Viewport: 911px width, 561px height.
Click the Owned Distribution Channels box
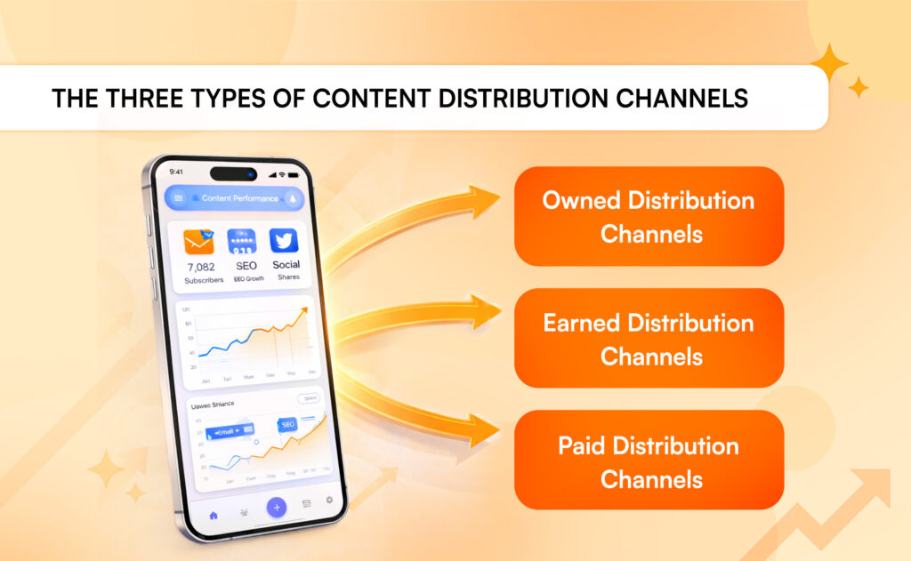649,216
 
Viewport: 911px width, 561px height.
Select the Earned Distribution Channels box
649,338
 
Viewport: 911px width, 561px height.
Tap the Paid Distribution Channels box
649,461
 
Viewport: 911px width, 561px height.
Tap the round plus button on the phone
278,507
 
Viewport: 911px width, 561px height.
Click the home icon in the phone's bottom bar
214,515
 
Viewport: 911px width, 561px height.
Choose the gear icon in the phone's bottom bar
329,501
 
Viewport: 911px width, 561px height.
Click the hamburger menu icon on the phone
178,197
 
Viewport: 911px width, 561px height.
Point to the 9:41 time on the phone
176,172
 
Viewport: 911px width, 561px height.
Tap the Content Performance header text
239,198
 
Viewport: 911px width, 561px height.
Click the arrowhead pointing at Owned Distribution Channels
485,200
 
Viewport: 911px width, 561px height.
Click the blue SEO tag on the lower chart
287,425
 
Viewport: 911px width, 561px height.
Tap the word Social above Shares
286,264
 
